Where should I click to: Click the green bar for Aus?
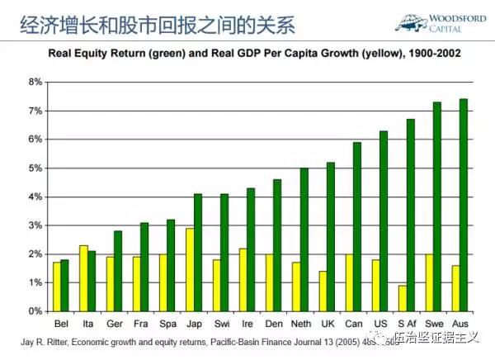464,205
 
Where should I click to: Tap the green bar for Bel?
64,286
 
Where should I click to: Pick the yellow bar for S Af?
401,298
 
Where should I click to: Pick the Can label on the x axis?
352,322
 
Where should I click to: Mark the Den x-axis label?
273,322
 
